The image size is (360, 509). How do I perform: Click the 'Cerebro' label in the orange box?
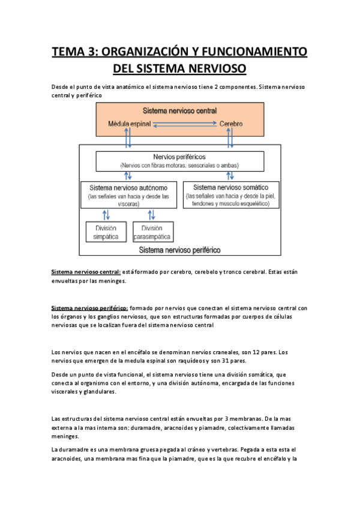(x=230, y=124)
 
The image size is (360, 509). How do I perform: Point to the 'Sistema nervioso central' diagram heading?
(x=180, y=112)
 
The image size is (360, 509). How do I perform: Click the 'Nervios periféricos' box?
(x=180, y=161)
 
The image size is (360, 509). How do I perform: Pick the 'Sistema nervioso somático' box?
(x=231, y=194)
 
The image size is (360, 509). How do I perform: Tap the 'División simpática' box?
(x=106, y=232)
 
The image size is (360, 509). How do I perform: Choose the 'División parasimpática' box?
(x=153, y=232)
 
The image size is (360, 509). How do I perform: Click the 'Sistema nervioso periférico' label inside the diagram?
(x=179, y=248)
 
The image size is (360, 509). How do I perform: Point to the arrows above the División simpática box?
(x=106, y=214)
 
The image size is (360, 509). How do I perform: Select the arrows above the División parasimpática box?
(x=151, y=214)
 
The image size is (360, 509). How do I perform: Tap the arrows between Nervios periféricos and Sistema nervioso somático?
(x=230, y=176)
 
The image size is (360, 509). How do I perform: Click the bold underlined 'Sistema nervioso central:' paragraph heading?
(x=86, y=272)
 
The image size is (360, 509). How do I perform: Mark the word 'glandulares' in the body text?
(x=89, y=391)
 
